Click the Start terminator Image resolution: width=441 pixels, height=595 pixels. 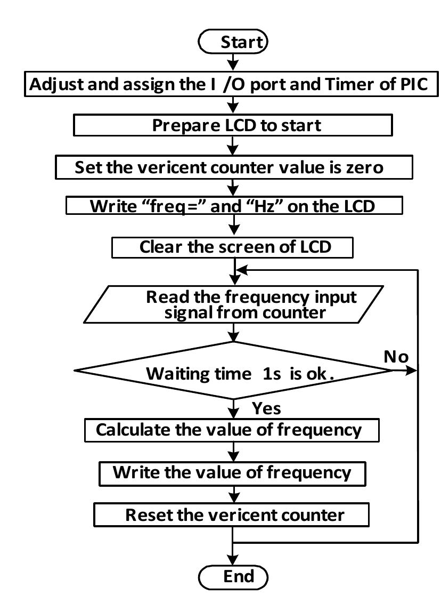coord(233,42)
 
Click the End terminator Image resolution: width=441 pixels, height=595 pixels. coord(233,576)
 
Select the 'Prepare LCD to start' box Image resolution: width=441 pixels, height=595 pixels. coord(232,125)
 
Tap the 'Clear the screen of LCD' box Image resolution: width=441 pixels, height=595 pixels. coord(232,247)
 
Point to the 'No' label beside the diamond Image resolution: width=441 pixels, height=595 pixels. coord(396,357)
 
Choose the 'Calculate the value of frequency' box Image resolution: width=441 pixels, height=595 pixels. coord(232,430)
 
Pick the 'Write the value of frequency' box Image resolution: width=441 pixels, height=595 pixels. coord(232,472)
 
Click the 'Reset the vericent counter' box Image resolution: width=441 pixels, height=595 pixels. coord(232,515)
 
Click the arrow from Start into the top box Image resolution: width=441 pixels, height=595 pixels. coord(233,62)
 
